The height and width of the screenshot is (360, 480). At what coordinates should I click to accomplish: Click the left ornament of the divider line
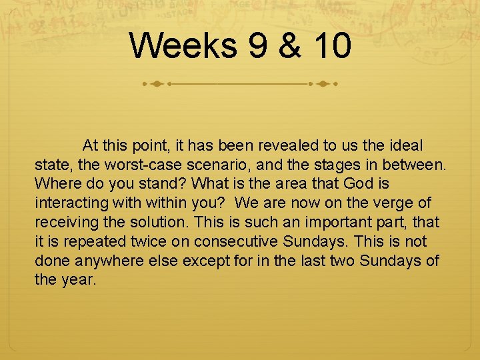pos(157,85)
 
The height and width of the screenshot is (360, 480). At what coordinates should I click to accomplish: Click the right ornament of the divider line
pos(324,85)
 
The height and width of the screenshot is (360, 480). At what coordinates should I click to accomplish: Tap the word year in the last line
pos(78,280)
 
